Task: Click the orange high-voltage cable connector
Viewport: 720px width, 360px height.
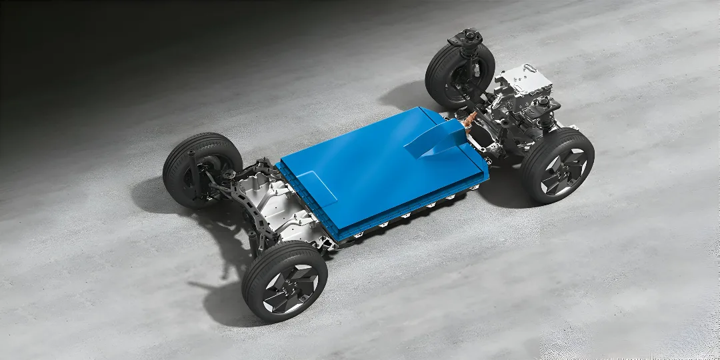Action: [471, 121]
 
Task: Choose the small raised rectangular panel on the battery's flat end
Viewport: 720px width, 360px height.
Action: [314, 187]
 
